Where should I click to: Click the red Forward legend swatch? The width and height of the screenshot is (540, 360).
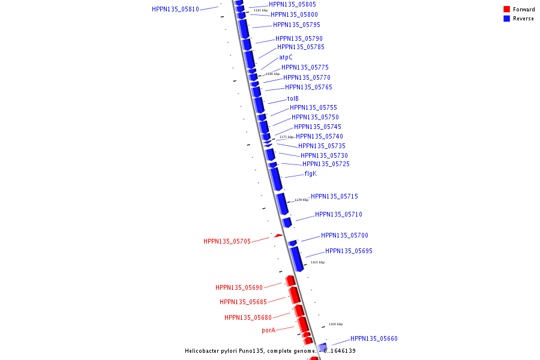tap(506, 10)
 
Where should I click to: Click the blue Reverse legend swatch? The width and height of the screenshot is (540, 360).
tap(506, 19)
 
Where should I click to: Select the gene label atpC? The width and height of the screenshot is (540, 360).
tap(286, 58)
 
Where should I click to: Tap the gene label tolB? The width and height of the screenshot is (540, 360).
tap(293, 99)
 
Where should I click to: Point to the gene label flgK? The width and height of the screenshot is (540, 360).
tap(310, 174)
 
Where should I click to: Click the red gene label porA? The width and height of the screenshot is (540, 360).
tap(268, 331)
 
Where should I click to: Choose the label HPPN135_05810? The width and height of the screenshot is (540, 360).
tap(175, 10)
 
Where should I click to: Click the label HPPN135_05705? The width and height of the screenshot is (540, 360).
tap(227, 242)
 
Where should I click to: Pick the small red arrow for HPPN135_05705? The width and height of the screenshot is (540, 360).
tap(278, 236)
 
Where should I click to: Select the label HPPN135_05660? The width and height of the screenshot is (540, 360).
tap(374, 339)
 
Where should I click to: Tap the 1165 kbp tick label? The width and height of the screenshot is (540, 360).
tap(317, 262)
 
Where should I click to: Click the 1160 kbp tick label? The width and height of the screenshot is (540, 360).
tap(335, 324)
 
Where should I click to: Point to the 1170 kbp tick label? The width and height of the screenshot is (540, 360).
tap(301, 200)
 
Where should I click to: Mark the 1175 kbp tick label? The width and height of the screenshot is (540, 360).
tap(286, 137)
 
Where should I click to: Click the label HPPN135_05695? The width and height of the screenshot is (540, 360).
tap(349, 251)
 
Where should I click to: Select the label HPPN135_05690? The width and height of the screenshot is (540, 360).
tap(239, 288)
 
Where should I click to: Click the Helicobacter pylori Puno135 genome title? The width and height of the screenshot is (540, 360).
tap(270, 351)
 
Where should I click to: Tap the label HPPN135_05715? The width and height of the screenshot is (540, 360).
tap(334, 197)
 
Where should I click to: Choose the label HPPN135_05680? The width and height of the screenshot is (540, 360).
tap(248, 318)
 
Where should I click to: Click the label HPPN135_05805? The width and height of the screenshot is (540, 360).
tap(292, 5)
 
